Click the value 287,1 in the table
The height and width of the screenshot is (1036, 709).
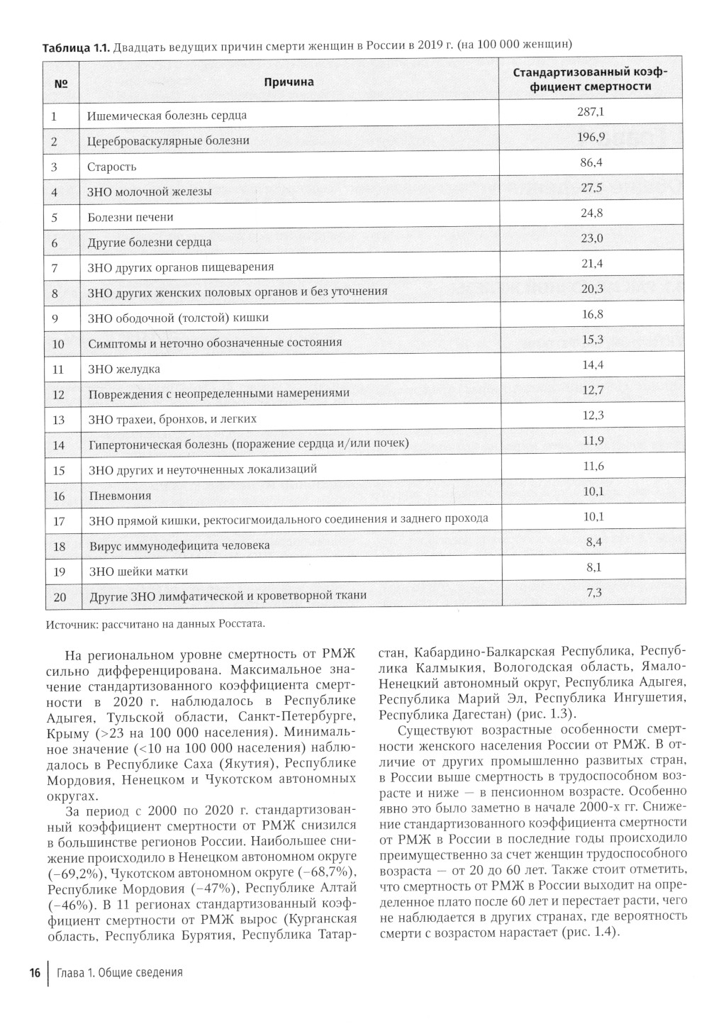591,111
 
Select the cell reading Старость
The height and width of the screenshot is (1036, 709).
112,167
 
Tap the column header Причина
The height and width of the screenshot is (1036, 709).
289,82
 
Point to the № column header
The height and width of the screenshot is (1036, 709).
61,84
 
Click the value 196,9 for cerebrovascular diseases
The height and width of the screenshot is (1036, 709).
591,137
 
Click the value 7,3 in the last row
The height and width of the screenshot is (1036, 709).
594,592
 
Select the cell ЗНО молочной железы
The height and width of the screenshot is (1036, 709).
150,191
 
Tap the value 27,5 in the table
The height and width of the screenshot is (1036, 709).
591,188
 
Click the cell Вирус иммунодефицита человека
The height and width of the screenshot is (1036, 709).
179,546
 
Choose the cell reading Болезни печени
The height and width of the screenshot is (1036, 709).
130,217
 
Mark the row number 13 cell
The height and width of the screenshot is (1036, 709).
59,420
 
